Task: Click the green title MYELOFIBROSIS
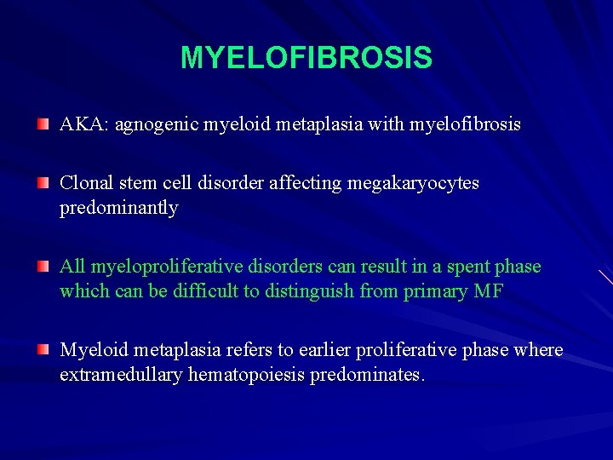[x=306, y=58]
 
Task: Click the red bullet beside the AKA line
[x=43, y=125]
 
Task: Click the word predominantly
[x=118, y=208]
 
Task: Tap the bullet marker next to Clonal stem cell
[x=43, y=183]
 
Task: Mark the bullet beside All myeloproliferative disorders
[x=43, y=267]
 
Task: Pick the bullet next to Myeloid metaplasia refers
[x=43, y=350]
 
